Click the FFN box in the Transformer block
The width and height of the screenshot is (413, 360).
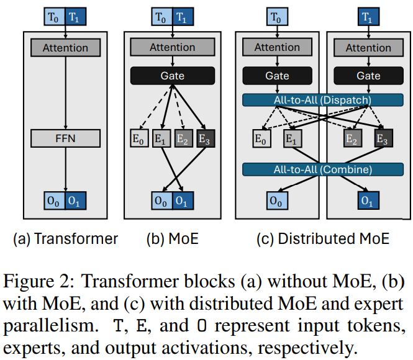(x=65, y=138)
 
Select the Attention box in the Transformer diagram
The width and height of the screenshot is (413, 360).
(x=65, y=48)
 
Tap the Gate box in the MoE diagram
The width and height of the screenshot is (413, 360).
(x=173, y=76)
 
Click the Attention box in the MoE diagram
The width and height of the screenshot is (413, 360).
(x=173, y=48)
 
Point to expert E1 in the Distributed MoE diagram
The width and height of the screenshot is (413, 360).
(x=291, y=139)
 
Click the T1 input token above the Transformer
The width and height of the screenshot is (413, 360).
(x=76, y=17)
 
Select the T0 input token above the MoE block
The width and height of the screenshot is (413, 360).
(x=161, y=17)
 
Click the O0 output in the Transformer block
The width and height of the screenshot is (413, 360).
(x=55, y=200)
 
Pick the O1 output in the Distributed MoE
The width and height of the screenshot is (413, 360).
(x=368, y=200)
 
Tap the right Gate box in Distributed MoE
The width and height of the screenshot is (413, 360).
(x=368, y=76)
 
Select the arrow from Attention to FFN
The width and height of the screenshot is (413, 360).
(x=65, y=93)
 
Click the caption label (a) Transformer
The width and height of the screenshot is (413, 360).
(x=65, y=238)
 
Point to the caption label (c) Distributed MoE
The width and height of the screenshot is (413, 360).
(x=323, y=238)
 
